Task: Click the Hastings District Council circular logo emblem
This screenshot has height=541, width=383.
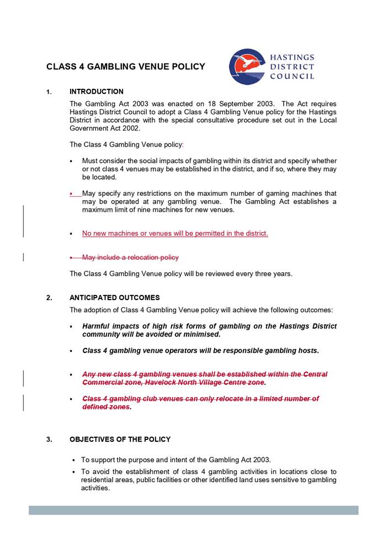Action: pos(247,67)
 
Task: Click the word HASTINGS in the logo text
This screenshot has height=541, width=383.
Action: pos(292,57)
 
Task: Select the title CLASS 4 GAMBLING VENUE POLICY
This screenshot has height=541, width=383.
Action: pos(126,67)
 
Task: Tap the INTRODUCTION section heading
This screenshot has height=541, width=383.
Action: pos(97,92)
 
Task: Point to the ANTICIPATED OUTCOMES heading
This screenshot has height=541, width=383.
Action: pos(115,298)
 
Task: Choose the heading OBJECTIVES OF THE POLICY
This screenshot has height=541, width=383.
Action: pos(120,440)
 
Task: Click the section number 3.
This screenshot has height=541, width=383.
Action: pos(49,440)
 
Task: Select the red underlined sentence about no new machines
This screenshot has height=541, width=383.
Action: pos(175,233)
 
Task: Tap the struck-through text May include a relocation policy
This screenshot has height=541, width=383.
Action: pos(130,258)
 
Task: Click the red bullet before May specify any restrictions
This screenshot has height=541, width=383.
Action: pos(72,194)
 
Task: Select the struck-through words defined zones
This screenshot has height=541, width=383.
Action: pos(106,407)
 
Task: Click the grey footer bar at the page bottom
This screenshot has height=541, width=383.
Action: pos(193,510)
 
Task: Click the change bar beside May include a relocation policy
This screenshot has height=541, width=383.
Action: pos(23,257)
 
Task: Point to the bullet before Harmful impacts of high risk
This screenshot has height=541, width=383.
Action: pos(72,326)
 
